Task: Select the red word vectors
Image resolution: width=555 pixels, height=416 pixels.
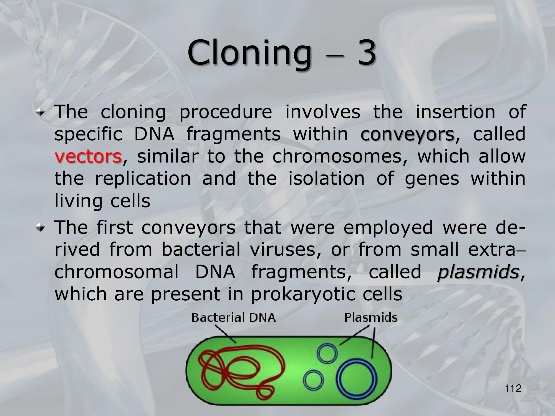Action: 88,156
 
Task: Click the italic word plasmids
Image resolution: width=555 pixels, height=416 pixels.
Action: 478,272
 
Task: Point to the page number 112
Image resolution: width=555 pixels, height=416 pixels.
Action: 513,389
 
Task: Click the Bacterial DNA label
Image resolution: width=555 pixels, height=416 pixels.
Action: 234,318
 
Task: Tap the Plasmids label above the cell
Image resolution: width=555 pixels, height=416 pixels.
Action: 371,318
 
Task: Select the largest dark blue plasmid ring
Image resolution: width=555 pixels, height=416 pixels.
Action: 357,360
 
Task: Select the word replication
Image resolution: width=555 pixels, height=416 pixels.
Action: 143,179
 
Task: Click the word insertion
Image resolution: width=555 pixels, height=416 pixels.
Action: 455,112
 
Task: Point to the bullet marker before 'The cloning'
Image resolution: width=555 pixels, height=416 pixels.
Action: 41,113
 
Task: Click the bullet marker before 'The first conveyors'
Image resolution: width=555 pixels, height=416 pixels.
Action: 41,228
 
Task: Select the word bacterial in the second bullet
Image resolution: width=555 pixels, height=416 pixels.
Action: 201,249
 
